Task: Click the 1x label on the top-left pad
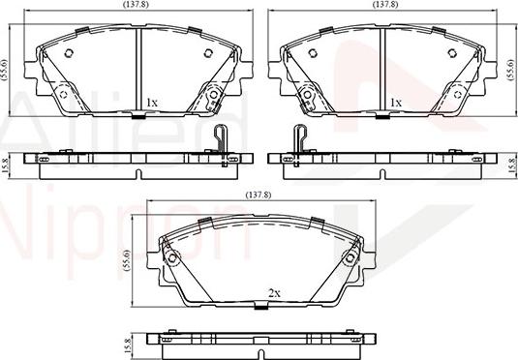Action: coord(151,102)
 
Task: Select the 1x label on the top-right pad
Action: coord(395,102)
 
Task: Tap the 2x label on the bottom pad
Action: coord(274,292)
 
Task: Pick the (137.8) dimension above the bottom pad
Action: coord(259,196)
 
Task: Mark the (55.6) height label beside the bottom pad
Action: coord(127,260)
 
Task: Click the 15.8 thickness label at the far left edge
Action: coord(5,162)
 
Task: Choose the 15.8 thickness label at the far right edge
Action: coord(512,162)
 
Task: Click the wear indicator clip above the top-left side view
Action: coord(220,139)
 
